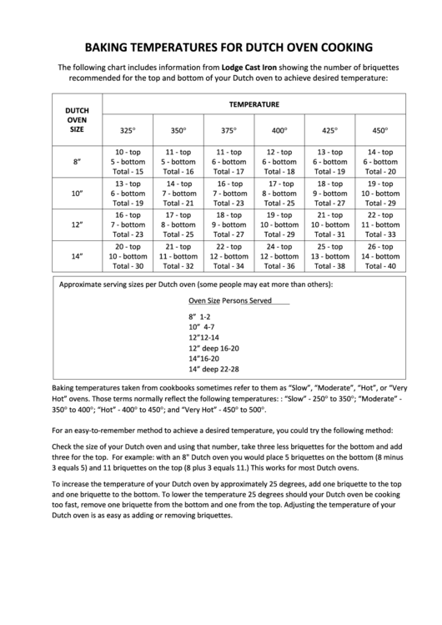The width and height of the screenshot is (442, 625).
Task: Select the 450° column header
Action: point(381,130)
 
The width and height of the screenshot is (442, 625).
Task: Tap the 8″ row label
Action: point(77,161)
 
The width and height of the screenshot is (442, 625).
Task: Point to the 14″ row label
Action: point(77,256)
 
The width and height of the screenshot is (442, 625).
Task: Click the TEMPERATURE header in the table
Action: point(254,104)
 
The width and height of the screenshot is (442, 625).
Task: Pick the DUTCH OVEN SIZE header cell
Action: point(77,119)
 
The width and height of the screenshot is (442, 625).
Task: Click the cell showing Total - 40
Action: point(381,266)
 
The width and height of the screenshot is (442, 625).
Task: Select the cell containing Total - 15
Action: point(128,171)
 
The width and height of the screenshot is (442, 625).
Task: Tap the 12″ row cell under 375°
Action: point(229,224)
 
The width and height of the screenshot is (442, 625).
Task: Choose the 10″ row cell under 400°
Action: point(279,193)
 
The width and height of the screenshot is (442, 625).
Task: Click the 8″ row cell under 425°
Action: point(330,161)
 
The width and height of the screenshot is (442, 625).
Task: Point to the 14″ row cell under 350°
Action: point(178,256)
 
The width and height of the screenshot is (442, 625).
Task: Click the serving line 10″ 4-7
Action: point(202,328)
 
